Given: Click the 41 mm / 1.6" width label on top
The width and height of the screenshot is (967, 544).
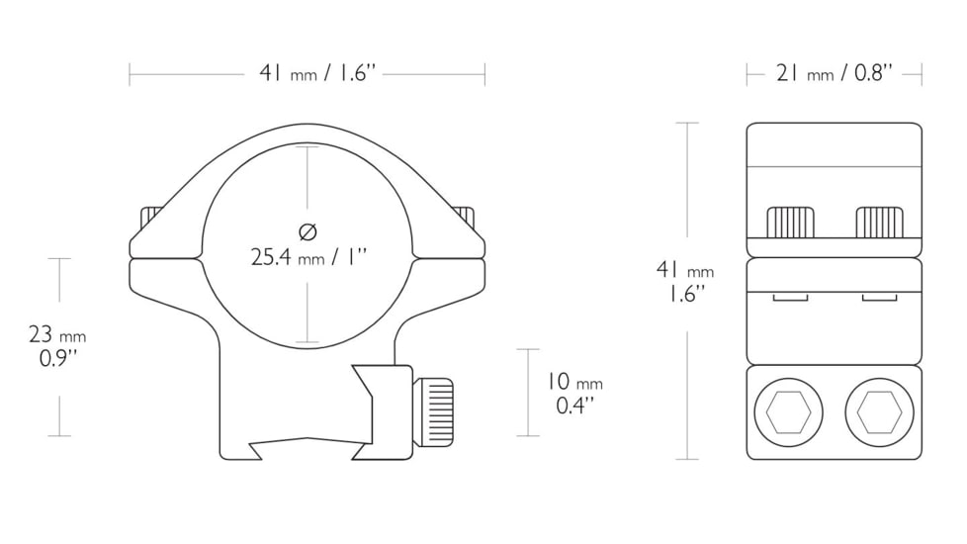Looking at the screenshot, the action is (317, 73).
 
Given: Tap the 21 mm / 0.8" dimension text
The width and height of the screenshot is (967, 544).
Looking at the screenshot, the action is (834, 73).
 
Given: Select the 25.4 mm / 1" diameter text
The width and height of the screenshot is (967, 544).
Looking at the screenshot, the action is (308, 256).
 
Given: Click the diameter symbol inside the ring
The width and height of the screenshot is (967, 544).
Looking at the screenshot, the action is (308, 231).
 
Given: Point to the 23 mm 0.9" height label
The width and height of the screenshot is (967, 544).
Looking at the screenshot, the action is (57, 346).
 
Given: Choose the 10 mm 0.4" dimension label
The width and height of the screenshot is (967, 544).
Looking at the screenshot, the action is (574, 393).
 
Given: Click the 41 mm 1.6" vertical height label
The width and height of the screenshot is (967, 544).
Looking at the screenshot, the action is (685, 281).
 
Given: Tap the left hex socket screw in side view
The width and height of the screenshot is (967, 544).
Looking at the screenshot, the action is (788, 412).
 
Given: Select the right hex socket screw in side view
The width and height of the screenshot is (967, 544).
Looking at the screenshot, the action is (879, 412).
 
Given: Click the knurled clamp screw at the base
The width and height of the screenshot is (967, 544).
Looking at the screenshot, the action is (433, 412).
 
